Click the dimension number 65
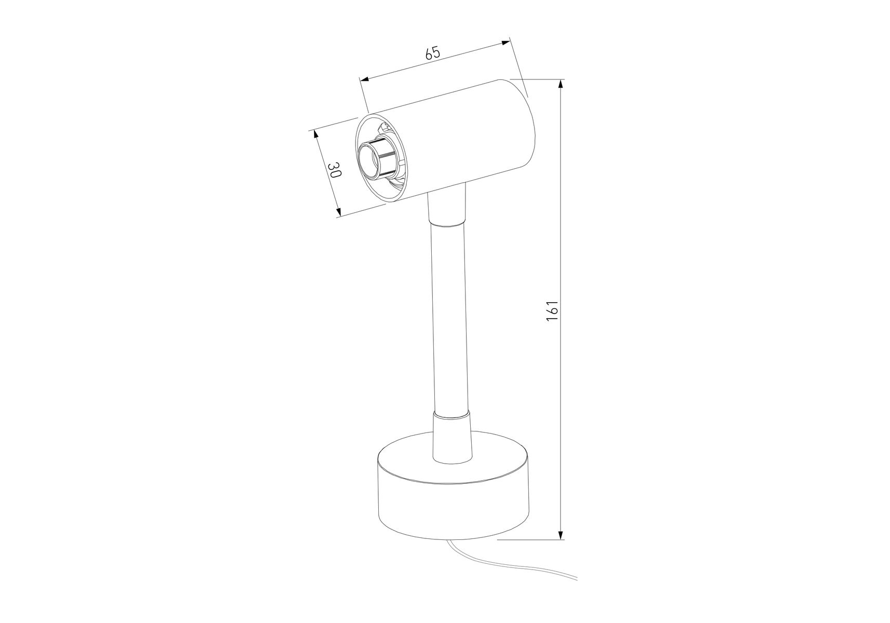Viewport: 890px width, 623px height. click(433, 52)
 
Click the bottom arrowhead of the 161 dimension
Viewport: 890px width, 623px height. click(560, 533)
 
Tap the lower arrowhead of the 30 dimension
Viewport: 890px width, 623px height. click(337, 211)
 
